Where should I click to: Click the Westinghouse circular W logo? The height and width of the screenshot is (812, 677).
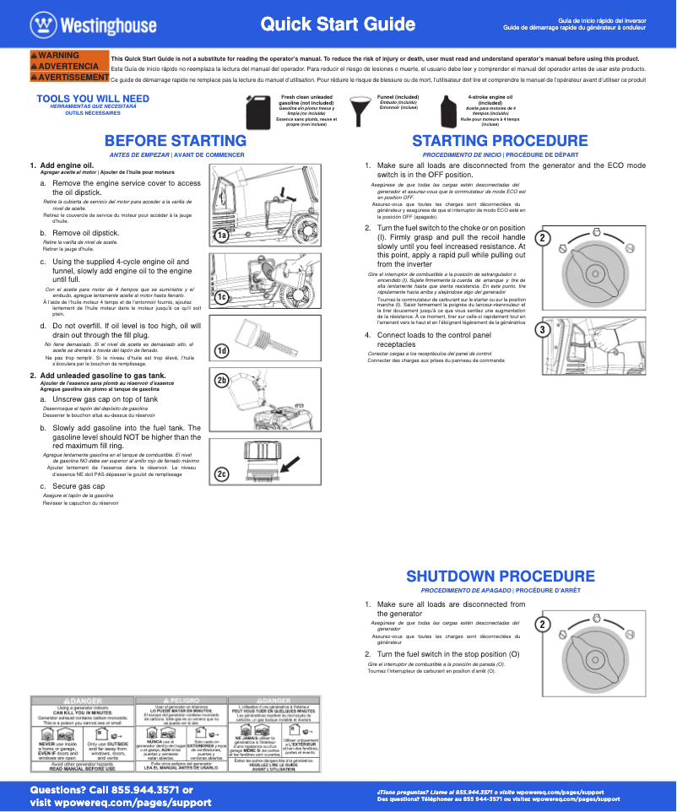pos(42,24)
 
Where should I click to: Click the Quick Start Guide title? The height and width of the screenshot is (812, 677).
pos(325,24)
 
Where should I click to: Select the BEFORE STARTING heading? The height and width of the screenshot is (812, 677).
pos(175,141)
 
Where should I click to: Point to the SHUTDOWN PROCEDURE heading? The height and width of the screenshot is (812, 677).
pos(500,577)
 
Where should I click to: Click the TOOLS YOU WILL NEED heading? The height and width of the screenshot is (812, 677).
pos(93,99)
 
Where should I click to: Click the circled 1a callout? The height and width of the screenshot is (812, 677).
pos(221,235)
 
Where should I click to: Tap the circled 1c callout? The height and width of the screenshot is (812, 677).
pos(221,297)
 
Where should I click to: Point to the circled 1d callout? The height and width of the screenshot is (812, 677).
pos(221,350)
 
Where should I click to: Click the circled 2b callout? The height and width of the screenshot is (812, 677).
pos(221,381)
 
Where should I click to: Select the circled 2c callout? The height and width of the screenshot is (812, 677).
pos(221,474)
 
